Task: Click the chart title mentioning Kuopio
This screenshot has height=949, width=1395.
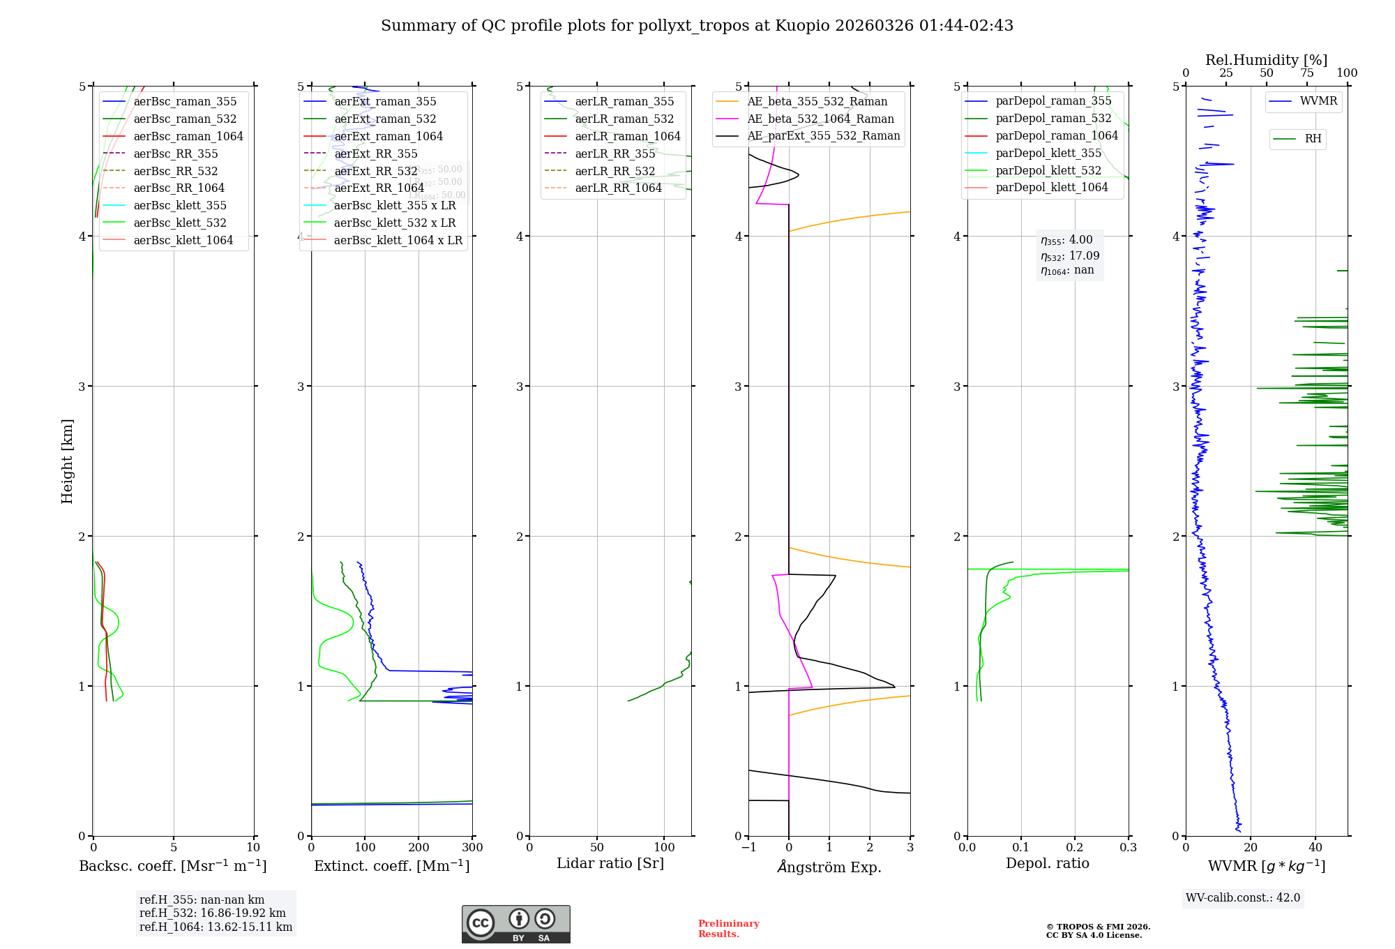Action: pos(697,26)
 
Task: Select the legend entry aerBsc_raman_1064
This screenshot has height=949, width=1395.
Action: pos(188,137)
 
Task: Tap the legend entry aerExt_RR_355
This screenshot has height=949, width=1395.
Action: pos(376,154)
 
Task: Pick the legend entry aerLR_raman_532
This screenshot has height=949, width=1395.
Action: pos(624,119)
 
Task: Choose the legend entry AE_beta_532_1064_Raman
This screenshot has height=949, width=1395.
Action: pos(820,119)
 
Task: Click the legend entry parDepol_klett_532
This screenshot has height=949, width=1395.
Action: pos(1048,171)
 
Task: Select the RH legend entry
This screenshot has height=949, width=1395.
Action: pos(1313,139)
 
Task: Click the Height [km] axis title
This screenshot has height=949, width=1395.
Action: pos(67,461)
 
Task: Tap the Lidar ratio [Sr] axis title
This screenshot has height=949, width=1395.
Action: pos(610,864)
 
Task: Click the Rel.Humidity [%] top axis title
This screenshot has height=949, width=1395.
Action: pos(1266,60)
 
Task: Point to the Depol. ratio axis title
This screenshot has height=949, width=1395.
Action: pos(1048,864)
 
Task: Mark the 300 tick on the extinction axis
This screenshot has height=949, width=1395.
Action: pos(472,848)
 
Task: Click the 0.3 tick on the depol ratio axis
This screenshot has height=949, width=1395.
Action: pos(1129,848)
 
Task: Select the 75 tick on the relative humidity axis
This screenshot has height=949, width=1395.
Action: pos(1307,73)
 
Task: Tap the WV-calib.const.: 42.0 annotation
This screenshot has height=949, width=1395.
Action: pos(1243,898)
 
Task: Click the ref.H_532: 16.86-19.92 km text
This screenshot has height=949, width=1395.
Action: pos(213,913)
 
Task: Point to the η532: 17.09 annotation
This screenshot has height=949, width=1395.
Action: pos(1070,256)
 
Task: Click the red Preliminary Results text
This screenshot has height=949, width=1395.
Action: pos(728,929)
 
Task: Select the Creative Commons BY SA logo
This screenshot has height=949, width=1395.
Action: pos(516,925)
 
